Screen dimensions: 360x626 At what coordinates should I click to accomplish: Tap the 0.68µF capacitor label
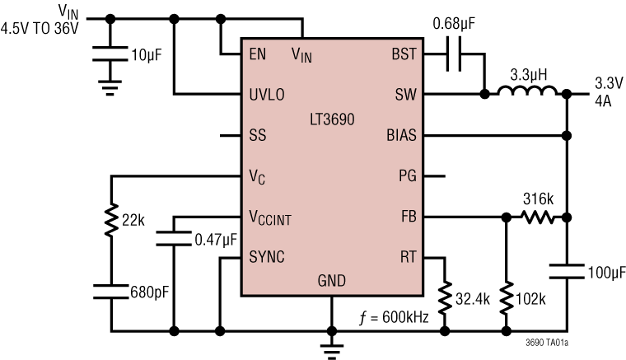pyautogui.click(x=456, y=26)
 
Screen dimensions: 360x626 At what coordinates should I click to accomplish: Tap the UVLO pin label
pyautogui.click(x=267, y=95)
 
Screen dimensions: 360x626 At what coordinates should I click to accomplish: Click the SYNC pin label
pyautogui.click(x=267, y=257)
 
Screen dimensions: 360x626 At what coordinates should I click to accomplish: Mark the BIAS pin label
pyautogui.click(x=402, y=135)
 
